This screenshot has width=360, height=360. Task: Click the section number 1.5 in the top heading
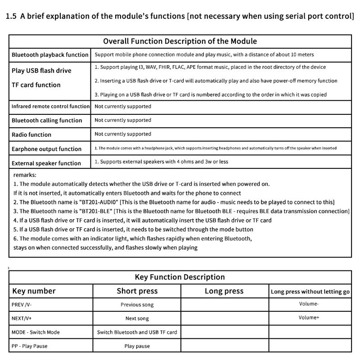(11, 17)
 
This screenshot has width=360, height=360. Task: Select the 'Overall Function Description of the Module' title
(180, 41)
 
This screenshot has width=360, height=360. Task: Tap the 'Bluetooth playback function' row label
(50, 55)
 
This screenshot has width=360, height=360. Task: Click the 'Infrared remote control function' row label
(50, 107)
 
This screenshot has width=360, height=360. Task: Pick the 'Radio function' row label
(31, 135)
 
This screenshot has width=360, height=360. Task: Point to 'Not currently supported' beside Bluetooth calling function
(123, 120)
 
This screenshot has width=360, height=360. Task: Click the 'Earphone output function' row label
(46, 149)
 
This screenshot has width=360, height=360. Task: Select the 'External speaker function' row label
(46, 163)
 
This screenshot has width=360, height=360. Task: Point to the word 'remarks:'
(25, 175)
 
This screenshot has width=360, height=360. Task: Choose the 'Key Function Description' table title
(180, 277)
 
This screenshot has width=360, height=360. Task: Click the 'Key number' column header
(34, 291)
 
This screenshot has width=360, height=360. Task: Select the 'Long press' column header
(224, 291)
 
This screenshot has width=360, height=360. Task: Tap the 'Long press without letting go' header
(310, 292)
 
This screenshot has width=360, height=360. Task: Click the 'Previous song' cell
(137, 305)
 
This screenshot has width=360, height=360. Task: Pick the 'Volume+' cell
(309, 318)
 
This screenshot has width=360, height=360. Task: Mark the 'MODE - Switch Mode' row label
(36, 332)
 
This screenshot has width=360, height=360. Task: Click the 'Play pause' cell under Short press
(137, 346)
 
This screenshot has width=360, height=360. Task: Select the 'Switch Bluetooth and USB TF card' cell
(137, 332)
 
